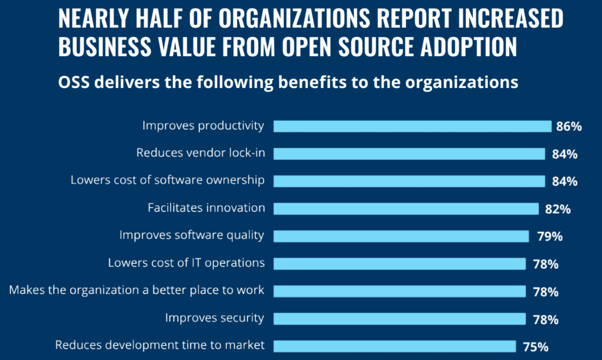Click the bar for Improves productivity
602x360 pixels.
click(x=412, y=126)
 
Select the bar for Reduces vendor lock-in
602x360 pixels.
click(x=409, y=154)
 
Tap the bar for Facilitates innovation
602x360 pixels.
click(x=406, y=209)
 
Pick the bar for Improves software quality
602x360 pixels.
click(x=401, y=236)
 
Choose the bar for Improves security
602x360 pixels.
click(x=399, y=319)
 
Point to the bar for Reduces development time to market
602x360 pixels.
click(x=394, y=346)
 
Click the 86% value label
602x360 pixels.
click(x=569, y=126)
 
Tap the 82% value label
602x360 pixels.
click(x=558, y=209)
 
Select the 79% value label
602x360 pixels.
click(x=550, y=236)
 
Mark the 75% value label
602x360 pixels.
click(x=536, y=347)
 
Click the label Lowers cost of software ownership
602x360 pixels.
click(x=168, y=180)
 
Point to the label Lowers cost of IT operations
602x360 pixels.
click(x=186, y=263)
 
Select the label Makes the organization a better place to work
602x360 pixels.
click(x=137, y=290)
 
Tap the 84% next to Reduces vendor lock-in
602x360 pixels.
click(x=565, y=154)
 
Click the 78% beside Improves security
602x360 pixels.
click(x=546, y=319)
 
